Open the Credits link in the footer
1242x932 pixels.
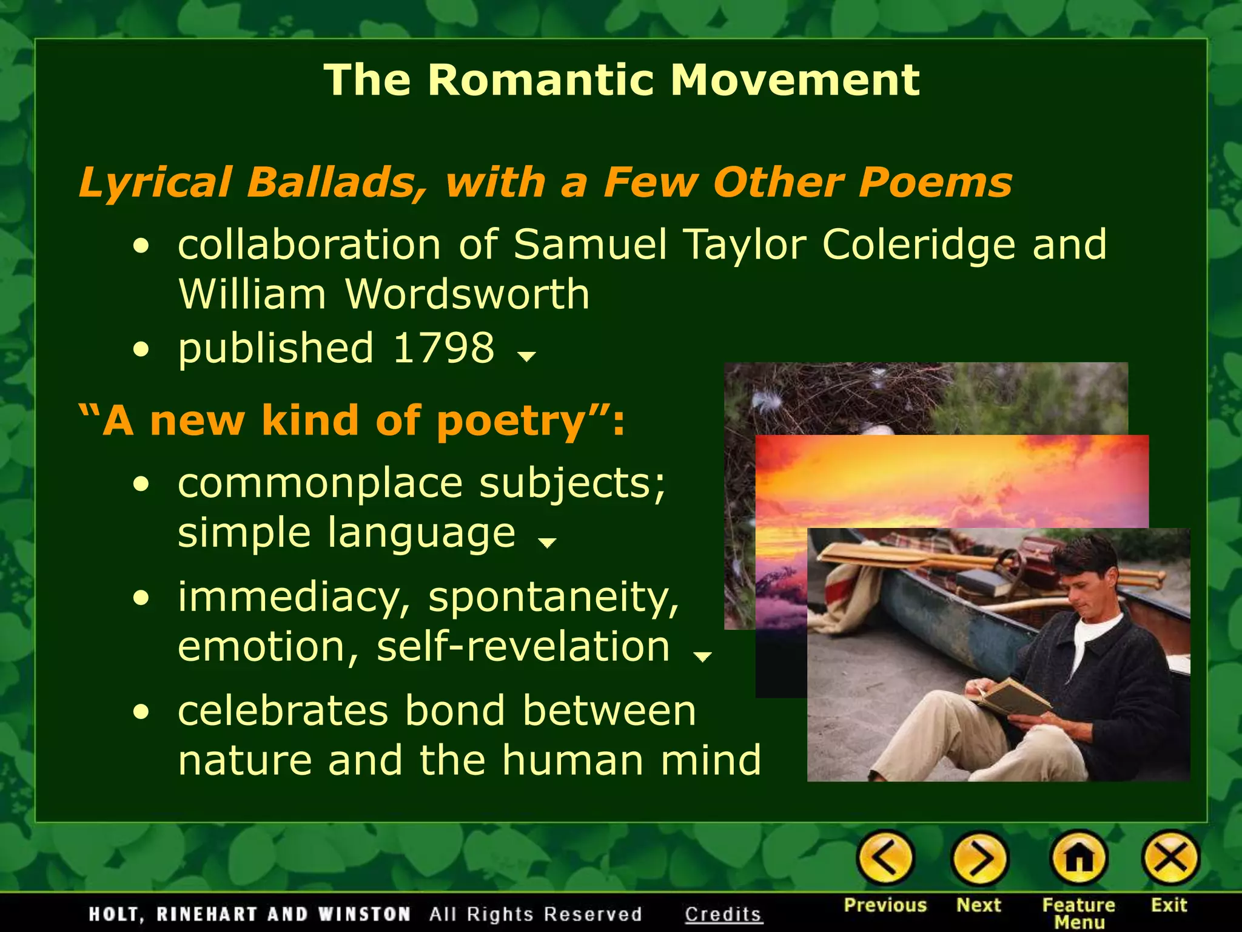[723, 914]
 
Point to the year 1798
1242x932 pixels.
[444, 348]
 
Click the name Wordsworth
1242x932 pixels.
[467, 294]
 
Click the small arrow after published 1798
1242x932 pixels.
[526, 357]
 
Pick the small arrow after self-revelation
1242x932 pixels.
[702, 656]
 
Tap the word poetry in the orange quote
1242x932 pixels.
[511, 421]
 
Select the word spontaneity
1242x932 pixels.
[553, 598]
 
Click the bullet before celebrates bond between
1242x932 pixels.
[141, 713]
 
